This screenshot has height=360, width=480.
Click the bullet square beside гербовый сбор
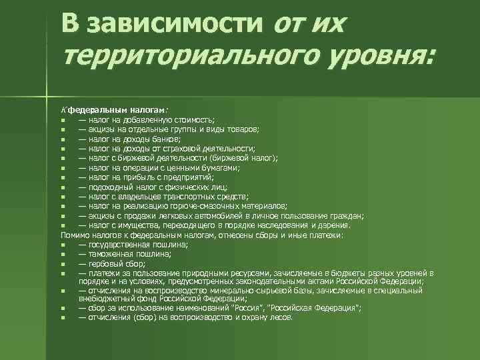[62, 264]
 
